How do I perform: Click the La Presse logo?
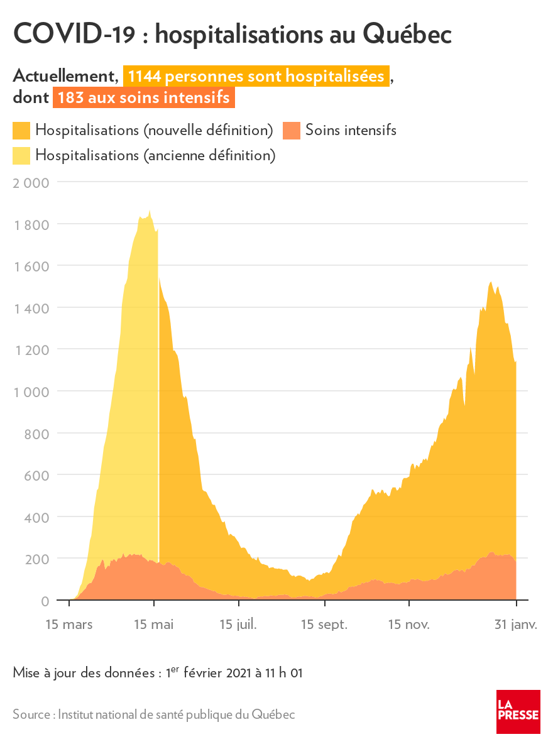tap(518, 711)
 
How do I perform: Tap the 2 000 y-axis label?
tap(31, 183)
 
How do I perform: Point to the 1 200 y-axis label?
tap(31, 349)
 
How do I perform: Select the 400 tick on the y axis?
tap(37, 516)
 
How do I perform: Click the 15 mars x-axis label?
tap(69, 625)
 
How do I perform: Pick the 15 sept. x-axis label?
tap(324, 625)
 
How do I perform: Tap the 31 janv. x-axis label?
tap(515, 625)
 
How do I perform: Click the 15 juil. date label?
tap(239, 625)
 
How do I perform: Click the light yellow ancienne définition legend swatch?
tap(21, 155)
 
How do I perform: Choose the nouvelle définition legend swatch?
tap(21, 131)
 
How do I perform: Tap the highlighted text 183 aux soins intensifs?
tap(144, 99)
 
